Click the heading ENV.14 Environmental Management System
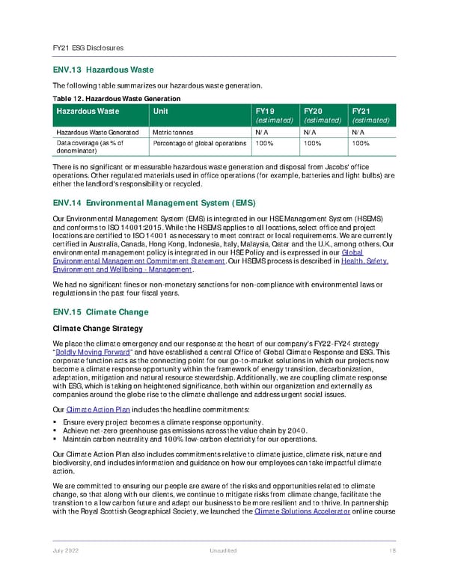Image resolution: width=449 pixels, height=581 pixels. point(153,203)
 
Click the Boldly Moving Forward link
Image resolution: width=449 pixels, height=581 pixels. point(88,351)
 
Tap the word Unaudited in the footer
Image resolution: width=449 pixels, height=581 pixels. point(224,551)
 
